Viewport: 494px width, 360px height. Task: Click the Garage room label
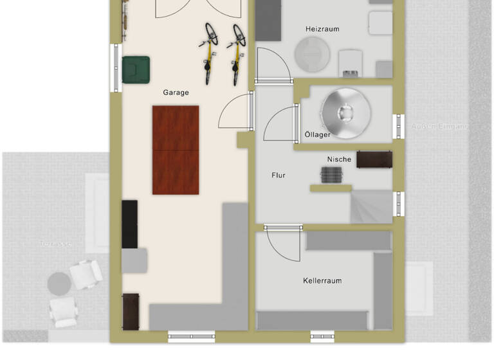(x=176, y=93)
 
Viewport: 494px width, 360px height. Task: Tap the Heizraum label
(x=322, y=29)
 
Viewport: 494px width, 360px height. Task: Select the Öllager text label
(x=318, y=135)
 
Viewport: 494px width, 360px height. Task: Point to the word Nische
(x=339, y=159)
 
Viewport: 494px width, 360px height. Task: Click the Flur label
(x=279, y=175)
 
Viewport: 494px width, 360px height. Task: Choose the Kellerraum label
(x=322, y=281)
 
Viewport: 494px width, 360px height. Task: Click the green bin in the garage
(x=136, y=69)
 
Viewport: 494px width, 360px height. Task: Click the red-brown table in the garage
(x=176, y=150)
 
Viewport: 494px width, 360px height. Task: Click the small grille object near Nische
(x=332, y=174)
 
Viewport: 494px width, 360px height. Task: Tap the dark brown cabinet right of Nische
(x=374, y=159)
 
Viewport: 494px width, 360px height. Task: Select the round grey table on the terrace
(x=59, y=282)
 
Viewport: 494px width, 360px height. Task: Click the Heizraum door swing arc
(x=271, y=64)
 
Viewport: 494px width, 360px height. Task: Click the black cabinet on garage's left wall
(x=129, y=224)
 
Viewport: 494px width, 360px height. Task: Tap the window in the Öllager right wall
(x=399, y=127)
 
